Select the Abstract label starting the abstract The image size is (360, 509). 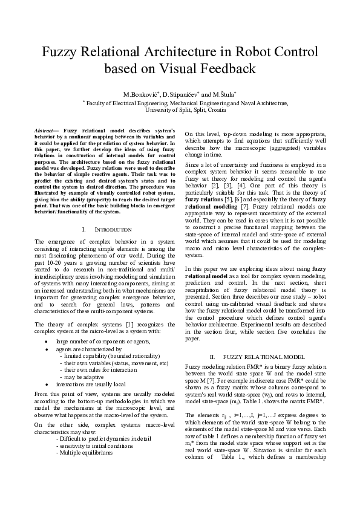(x=44, y=131)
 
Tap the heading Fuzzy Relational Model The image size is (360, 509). (x=255, y=357)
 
